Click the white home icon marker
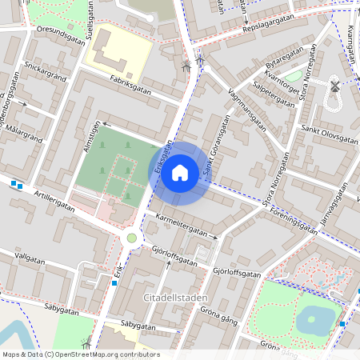pyautogui.click(x=180, y=173)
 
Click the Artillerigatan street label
pyautogui.click(x=54, y=200)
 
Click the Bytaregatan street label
pyautogui.click(x=285, y=59)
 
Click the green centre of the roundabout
pyautogui.click(x=132, y=238)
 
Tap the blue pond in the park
pyautogui.click(x=317, y=320)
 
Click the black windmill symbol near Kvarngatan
pyautogui.click(x=334, y=86)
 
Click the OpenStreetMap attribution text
pyautogui.click(x=81, y=354)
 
